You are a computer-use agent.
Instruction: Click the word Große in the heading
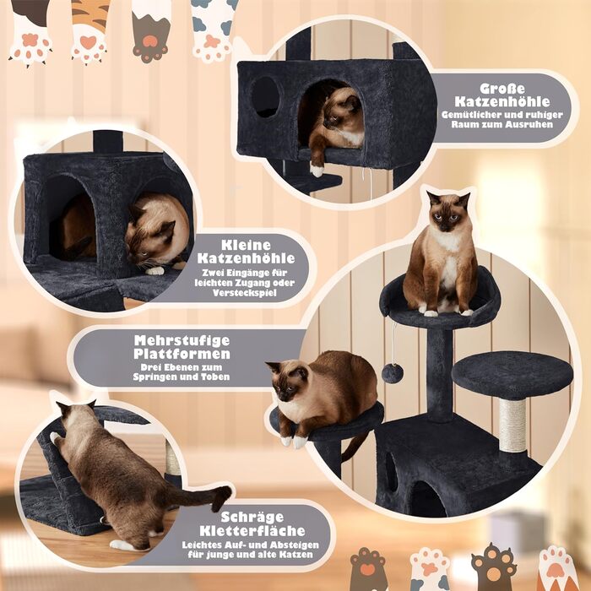click(x=502, y=89)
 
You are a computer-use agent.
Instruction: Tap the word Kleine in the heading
click(x=246, y=245)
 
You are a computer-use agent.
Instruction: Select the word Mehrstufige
click(x=182, y=340)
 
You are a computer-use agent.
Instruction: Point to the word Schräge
click(x=252, y=517)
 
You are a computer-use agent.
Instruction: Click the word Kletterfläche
click(x=252, y=531)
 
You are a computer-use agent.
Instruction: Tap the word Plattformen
click(x=182, y=354)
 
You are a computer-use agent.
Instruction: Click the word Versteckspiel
click(x=244, y=293)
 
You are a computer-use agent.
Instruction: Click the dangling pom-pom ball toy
click(x=393, y=373)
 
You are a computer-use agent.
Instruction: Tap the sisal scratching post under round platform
click(x=512, y=426)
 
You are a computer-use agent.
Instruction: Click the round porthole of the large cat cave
click(x=265, y=97)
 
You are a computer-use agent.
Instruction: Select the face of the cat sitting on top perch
click(x=448, y=213)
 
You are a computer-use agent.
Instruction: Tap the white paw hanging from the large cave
click(x=317, y=171)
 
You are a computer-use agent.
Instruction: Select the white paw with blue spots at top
click(x=213, y=30)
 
